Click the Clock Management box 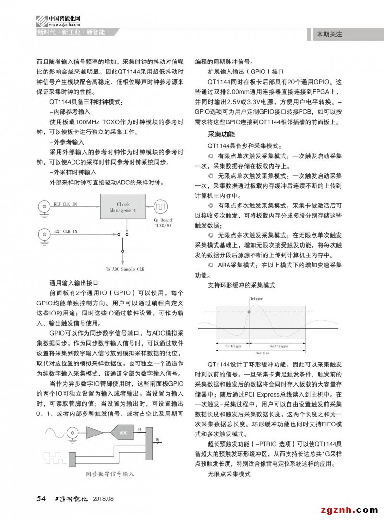[123, 207]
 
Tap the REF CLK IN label [65, 204]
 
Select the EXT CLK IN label [65, 231]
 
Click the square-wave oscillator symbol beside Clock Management [160, 207]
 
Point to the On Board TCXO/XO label [163, 223]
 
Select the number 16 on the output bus [157, 440]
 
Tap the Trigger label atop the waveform [256, 299]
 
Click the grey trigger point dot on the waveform [249, 312]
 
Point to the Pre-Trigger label [232, 346]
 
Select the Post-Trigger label [278, 346]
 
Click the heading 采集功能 [221, 134]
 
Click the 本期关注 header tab [329, 35]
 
